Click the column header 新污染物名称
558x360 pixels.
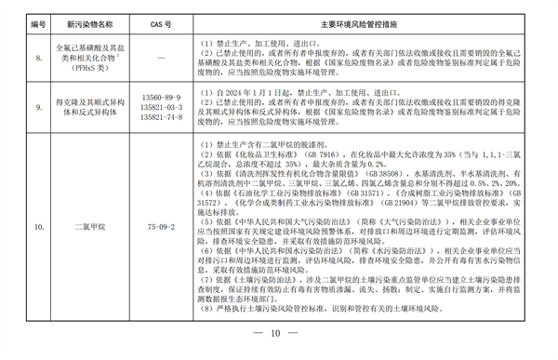(x=78, y=17)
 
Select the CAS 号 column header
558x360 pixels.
(x=157, y=17)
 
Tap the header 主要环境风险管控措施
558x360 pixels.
(x=368, y=17)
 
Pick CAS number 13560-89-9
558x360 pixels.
(x=157, y=97)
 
